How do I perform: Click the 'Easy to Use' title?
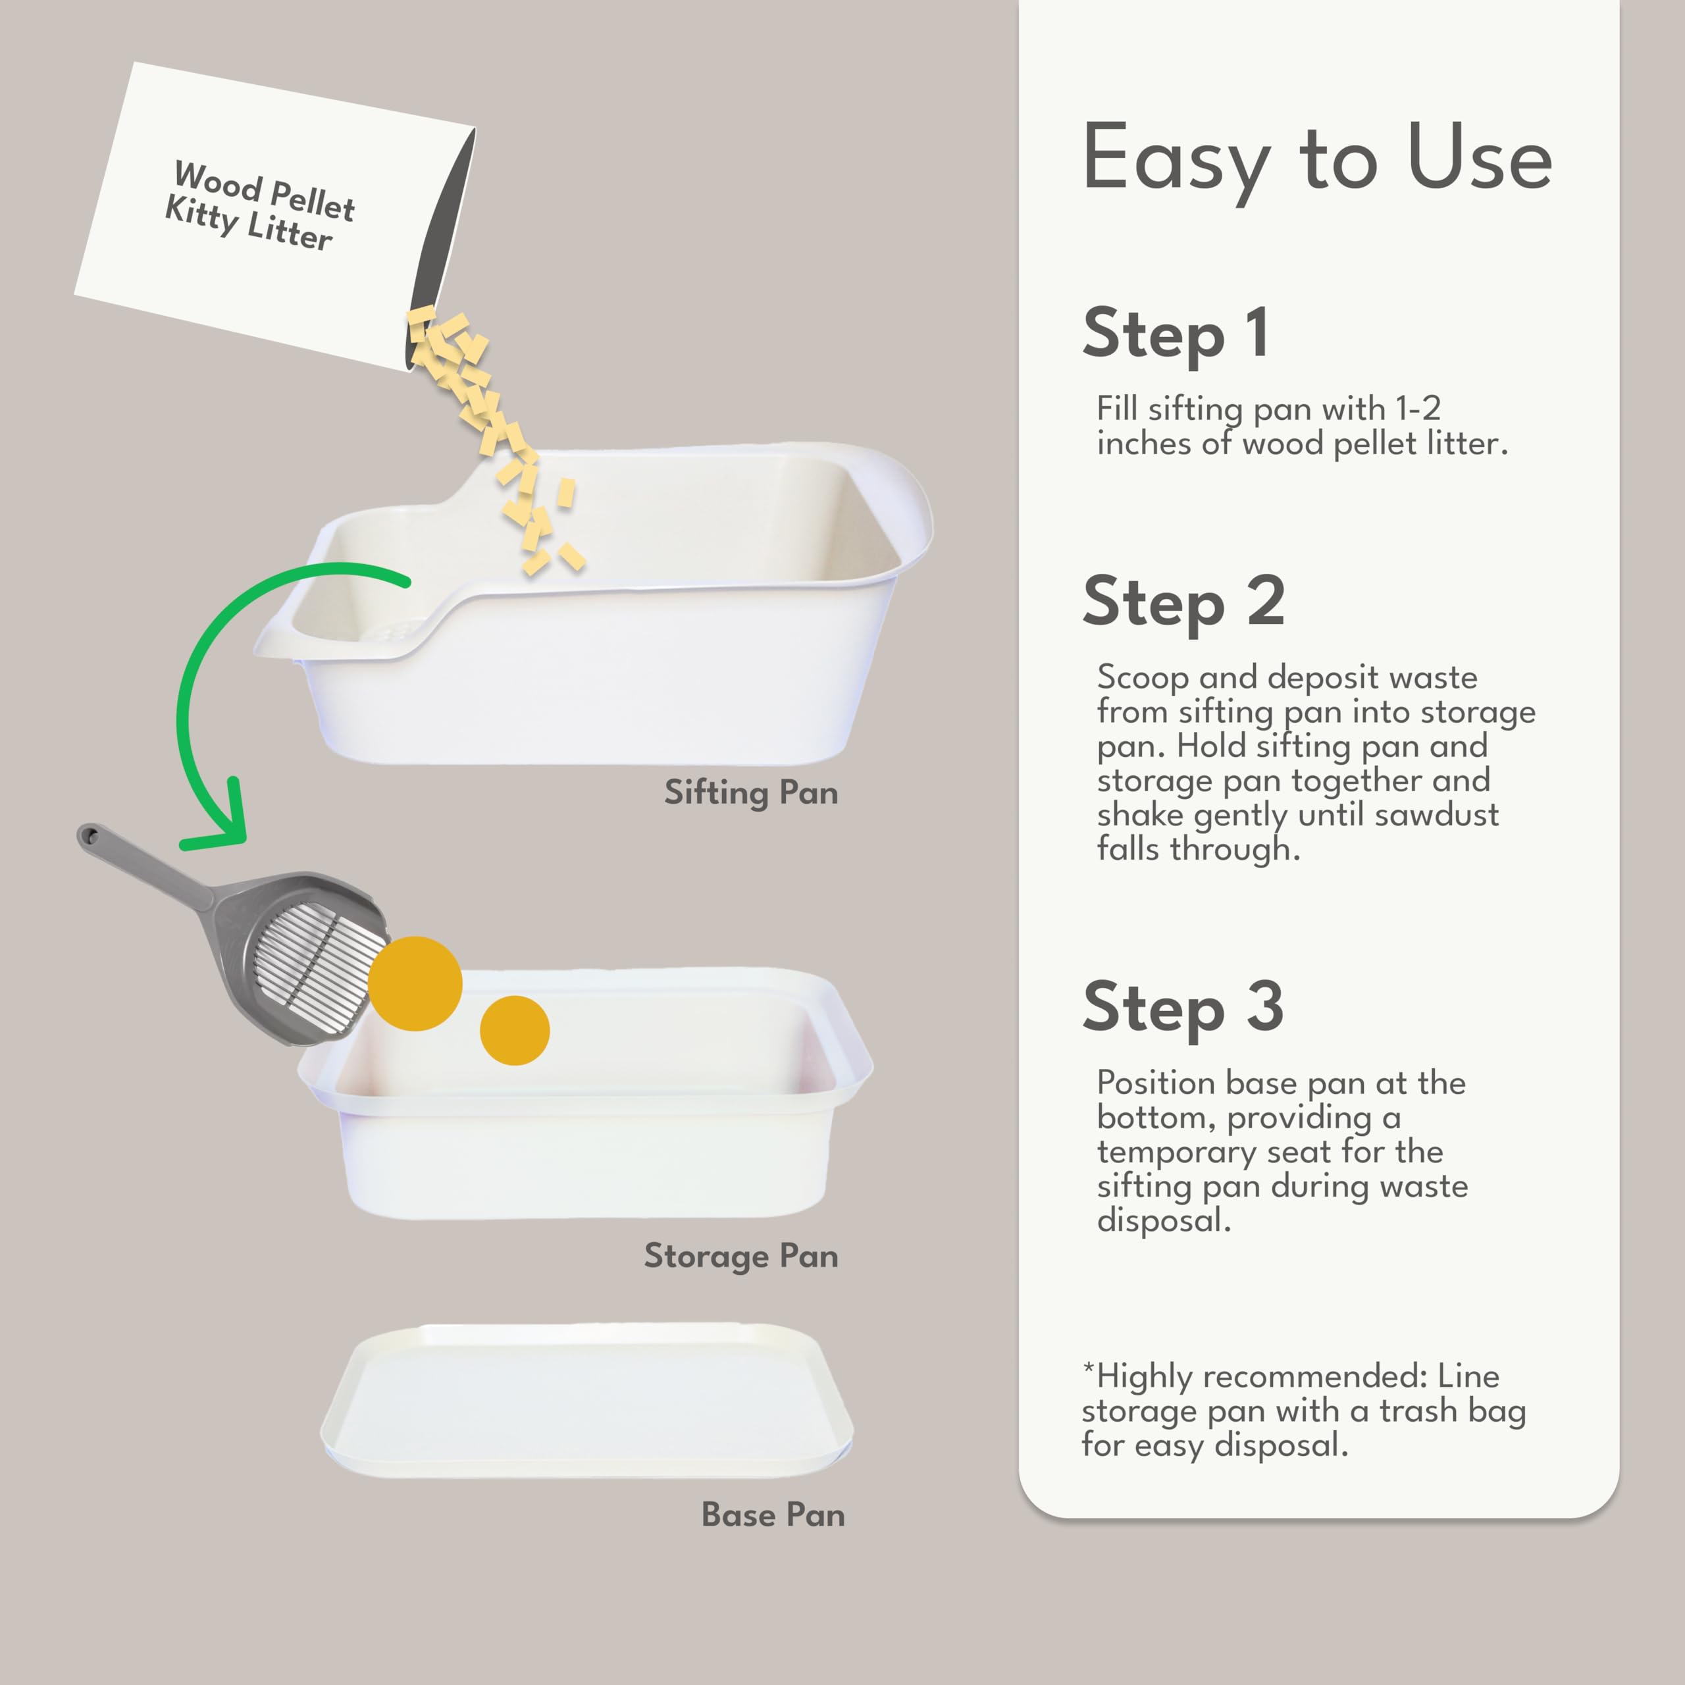1316,159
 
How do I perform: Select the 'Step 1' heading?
1175,334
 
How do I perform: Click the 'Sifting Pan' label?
751,792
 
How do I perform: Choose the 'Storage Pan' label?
740,1256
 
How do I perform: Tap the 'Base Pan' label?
773,1515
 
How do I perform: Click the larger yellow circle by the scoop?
415,984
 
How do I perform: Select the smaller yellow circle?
515,1030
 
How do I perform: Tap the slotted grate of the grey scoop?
319,968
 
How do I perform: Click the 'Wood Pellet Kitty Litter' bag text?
260,206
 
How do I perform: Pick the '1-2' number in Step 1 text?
1417,408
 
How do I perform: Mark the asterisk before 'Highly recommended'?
1087,1368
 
